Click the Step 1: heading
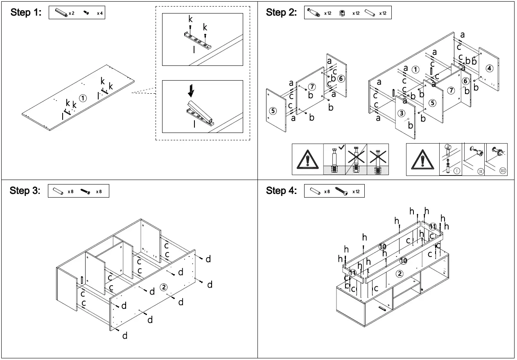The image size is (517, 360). [x=26, y=13]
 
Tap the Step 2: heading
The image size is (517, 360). [x=282, y=13]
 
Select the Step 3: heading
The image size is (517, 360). [x=25, y=191]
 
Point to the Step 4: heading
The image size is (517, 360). [x=282, y=191]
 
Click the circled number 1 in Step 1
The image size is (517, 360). [x=83, y=98]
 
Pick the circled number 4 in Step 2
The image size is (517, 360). [x=490, y=68]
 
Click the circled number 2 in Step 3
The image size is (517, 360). [x=164, y=287]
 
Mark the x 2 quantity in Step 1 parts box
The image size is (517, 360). [x=71, y=13]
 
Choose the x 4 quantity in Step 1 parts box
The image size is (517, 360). [x=100, y=13]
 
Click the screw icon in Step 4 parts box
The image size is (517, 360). [x=341, y=191]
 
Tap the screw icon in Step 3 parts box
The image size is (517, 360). [x=85, y=191]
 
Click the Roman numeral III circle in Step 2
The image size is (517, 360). [x=503, y=170]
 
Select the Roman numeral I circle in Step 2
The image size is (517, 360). [x=456, y=170]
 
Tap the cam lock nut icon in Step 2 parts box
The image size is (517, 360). [x=342, y=13]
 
